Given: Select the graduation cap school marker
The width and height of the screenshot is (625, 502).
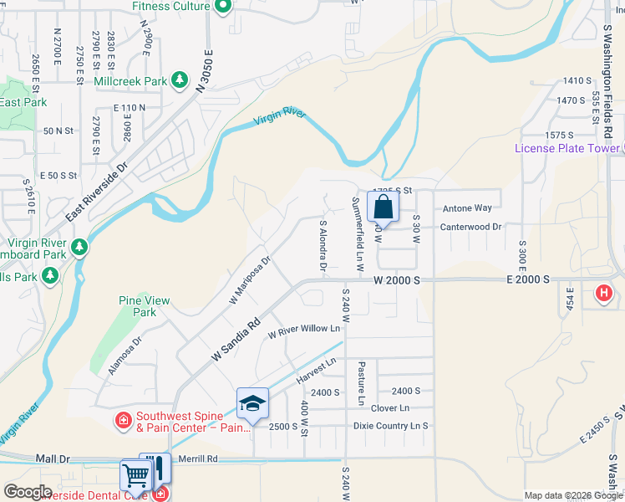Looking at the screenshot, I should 252,404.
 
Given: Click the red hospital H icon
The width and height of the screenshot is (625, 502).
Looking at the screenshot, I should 603,294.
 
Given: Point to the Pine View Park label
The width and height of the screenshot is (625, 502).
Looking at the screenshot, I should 145,306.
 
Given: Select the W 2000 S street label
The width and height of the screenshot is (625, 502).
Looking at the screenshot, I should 395,281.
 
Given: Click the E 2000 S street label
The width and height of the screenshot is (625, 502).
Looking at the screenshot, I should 526,280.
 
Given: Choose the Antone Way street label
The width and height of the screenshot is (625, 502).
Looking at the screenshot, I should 467,208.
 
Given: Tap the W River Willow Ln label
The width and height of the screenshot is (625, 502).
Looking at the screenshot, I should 303,331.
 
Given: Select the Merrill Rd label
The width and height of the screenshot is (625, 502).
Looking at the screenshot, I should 201,458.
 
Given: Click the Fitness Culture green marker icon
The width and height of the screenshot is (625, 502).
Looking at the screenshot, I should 222,8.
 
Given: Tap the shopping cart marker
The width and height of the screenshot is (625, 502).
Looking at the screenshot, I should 135,475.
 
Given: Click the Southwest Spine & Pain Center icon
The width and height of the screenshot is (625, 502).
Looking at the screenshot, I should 123,419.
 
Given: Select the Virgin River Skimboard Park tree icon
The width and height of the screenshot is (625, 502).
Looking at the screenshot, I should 79,247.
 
